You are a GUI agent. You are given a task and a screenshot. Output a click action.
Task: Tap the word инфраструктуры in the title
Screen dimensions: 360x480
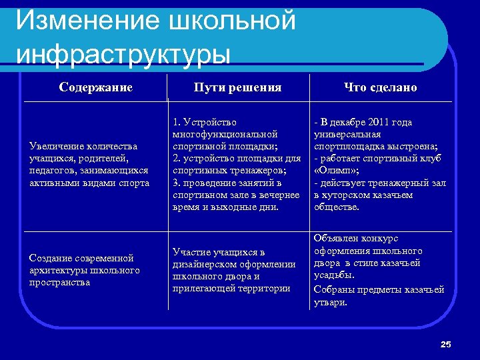tap(123, 53)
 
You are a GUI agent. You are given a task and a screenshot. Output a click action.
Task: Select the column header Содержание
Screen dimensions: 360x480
tap(95, 87)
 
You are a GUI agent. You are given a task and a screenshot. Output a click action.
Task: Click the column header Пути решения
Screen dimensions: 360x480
tap(237, 87)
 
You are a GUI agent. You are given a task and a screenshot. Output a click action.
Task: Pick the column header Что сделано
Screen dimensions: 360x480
tap(380, 87)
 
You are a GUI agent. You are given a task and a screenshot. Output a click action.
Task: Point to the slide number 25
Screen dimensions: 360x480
tap(446, 344)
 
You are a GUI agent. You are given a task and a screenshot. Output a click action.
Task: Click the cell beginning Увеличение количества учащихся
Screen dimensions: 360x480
tap(89, 165)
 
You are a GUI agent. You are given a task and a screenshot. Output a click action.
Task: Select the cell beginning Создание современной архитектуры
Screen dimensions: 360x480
tap(85, 270)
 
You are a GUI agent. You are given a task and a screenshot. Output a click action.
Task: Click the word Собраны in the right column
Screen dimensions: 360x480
tap(333, 289)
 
